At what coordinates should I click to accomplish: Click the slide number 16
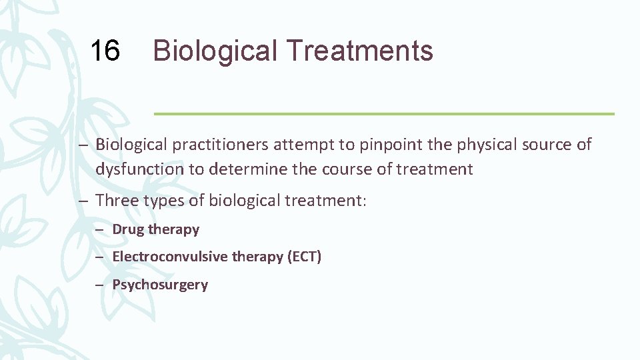pos(105,51)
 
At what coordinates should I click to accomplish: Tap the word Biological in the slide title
pos(211,51)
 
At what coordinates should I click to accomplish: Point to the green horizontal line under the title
pos(384,114)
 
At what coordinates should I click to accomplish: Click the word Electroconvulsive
pos(169,257)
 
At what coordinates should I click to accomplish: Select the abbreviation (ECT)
pos(304,257)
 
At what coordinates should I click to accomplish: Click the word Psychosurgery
pos(160,285)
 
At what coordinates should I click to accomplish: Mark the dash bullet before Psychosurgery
pos(99,285)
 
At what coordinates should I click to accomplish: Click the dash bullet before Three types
pos(84,200)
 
